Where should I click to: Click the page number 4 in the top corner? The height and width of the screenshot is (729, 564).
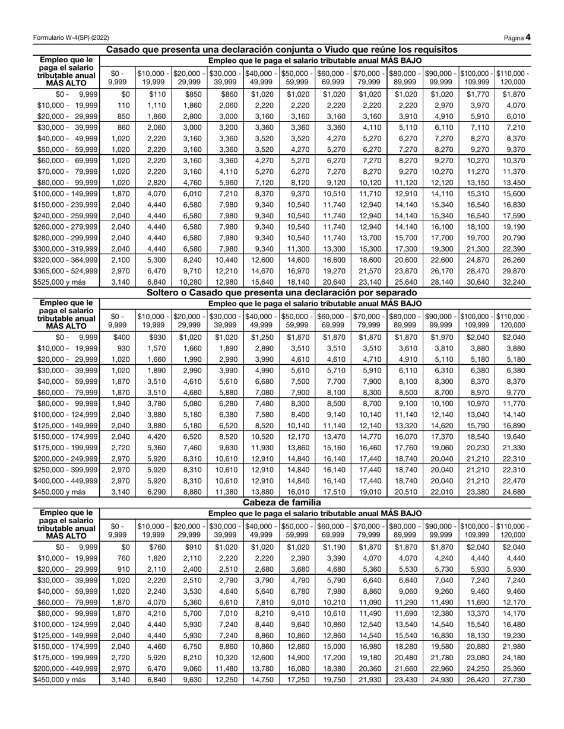click(x=528, y=37)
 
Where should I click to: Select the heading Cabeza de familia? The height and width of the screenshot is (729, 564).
click(x=281, y=503)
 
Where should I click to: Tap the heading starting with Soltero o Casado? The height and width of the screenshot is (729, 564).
click(x=281, y=293)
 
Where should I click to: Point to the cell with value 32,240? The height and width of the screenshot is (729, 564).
click(x=513, y=282)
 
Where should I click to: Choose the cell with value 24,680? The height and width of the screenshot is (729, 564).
click(x=513, y=492)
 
